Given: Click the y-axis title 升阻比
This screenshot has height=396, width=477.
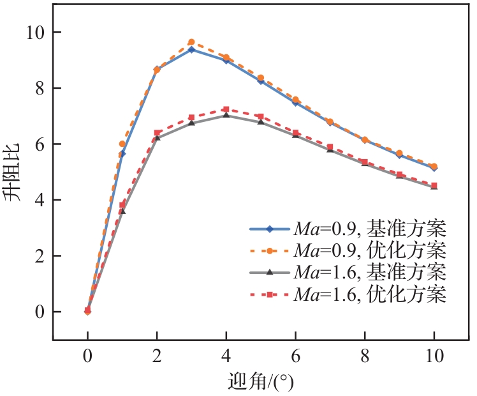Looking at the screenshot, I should (17, 172).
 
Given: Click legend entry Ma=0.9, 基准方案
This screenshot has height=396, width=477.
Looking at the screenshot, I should (370, 228).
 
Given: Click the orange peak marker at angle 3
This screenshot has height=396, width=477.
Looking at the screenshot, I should (191, 42).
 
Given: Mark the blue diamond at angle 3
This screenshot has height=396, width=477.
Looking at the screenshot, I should (191, 50).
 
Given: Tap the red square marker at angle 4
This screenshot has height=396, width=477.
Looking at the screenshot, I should (226, 110).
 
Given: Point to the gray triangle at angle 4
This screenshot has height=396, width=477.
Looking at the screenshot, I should (226, 116).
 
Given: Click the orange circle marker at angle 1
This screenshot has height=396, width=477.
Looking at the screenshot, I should (122, 144).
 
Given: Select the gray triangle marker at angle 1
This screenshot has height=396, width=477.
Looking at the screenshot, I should (122, 211).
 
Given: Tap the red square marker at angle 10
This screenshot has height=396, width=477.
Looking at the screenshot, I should (434, 186).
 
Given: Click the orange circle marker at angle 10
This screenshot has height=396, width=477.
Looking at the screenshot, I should (434, 167).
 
